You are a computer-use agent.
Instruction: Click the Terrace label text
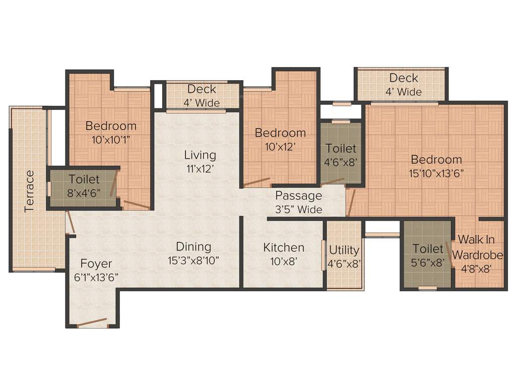click(30, 191)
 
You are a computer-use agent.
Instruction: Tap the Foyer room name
click(96, 264)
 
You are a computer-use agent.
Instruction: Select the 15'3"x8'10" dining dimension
click(193, 261)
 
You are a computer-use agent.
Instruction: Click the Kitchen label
click(284, 247)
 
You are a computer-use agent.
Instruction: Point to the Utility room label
click(344, 250)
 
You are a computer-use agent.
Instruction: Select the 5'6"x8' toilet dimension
click(428, 263)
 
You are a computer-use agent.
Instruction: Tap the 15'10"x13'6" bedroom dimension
click(436, 173)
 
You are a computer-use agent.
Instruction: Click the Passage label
click(298, 196)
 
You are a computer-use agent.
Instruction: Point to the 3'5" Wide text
click(298, 209)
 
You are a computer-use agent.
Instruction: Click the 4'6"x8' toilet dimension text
click(341, 162)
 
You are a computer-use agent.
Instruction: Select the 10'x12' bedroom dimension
click(280, 147)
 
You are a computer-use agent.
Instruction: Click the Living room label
click(200, 155)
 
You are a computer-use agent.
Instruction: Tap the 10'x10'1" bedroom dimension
click(110, 140)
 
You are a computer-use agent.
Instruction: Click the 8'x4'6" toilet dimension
click(84, 192)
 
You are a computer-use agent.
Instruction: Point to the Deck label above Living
click(202, 89)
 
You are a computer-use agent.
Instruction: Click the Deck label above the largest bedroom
click(404, 78)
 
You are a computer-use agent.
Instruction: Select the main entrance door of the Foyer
click(92, 322)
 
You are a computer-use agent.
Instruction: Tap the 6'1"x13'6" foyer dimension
click(96, 277)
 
